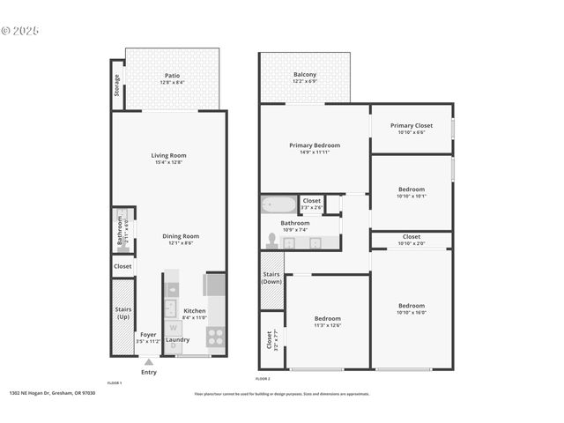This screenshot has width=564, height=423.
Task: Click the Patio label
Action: (172, 75)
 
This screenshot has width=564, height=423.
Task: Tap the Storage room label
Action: (116, 85)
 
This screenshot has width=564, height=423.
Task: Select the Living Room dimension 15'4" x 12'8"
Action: (168, 162)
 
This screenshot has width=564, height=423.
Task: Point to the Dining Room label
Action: (180, 235)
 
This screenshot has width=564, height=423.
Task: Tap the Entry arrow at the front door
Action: (149, 360)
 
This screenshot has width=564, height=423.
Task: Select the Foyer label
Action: (149, 335)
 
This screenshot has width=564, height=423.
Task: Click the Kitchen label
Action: (194, 310)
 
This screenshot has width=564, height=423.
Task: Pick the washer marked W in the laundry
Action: (173, 328)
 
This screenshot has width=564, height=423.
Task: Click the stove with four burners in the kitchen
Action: (215, 336)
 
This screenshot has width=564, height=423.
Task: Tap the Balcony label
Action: (305, 75)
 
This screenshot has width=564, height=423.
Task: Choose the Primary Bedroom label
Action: (315, 145)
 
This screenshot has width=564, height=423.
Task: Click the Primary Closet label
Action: (411, 125)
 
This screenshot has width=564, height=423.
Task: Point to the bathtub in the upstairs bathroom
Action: (279, 205)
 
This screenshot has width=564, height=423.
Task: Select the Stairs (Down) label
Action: (271, 278)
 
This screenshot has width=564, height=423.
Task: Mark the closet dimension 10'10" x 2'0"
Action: (411, 242)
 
